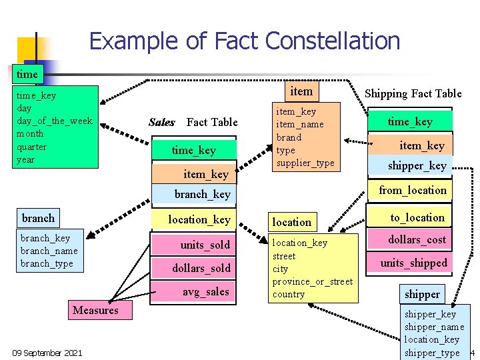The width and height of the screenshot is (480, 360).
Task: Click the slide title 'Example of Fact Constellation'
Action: pos(244,41)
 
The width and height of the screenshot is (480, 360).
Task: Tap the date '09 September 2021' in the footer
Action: pos(47,353)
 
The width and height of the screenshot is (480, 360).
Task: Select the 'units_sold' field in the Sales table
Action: pos(205,245)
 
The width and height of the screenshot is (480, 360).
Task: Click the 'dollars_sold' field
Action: pos(201,268)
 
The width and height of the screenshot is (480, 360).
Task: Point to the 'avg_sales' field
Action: pos(205,291)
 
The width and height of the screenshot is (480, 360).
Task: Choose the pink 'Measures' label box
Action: pos(95,310)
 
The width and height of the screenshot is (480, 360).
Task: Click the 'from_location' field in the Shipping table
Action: pos(413,191)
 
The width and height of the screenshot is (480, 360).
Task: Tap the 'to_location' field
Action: pos(417,217)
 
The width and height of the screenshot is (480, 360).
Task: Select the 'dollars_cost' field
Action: pos(417,239)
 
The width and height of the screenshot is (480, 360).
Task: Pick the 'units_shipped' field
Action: pos(413,263)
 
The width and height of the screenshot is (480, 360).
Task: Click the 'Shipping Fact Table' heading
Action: pos(413,93)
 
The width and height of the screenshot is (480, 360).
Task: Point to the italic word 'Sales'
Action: pos(162,122)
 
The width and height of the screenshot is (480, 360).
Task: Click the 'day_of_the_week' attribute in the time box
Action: pos(54,121)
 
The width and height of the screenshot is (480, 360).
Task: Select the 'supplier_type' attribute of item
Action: pos(305,163)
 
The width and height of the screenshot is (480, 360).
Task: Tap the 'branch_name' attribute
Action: pos(49,251)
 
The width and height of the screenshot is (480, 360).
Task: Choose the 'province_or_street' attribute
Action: pos(312,281)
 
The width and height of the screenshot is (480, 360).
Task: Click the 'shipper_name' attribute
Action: pos(434,327)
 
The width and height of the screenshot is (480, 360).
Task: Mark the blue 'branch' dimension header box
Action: pos(39,218)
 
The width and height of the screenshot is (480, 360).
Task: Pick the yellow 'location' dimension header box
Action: pos(291,222)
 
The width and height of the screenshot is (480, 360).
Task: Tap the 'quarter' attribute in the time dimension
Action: pos(31,147)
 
